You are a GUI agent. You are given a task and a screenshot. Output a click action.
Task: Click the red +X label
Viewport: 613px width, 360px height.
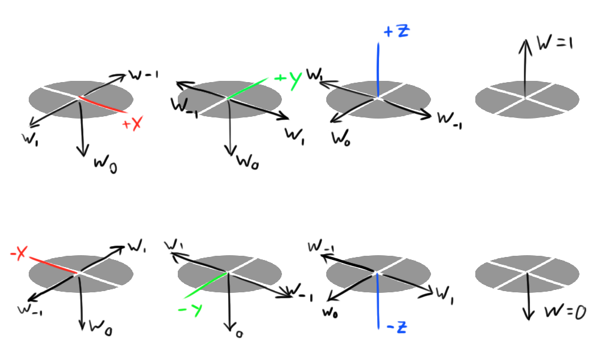click(x=132, y=125)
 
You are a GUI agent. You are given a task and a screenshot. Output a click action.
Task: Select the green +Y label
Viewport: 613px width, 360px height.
click(x=288, y=81)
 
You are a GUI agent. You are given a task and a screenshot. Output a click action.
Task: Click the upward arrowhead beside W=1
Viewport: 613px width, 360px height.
click(x=525, y=43)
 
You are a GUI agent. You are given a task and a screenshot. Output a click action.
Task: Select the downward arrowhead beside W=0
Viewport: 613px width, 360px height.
click(x=527, y=315)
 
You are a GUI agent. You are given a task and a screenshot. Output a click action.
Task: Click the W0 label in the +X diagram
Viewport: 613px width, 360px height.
click(x=105, y=164)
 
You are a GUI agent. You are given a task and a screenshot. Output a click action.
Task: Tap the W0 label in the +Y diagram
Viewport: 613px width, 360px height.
click(x=248, y=161)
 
